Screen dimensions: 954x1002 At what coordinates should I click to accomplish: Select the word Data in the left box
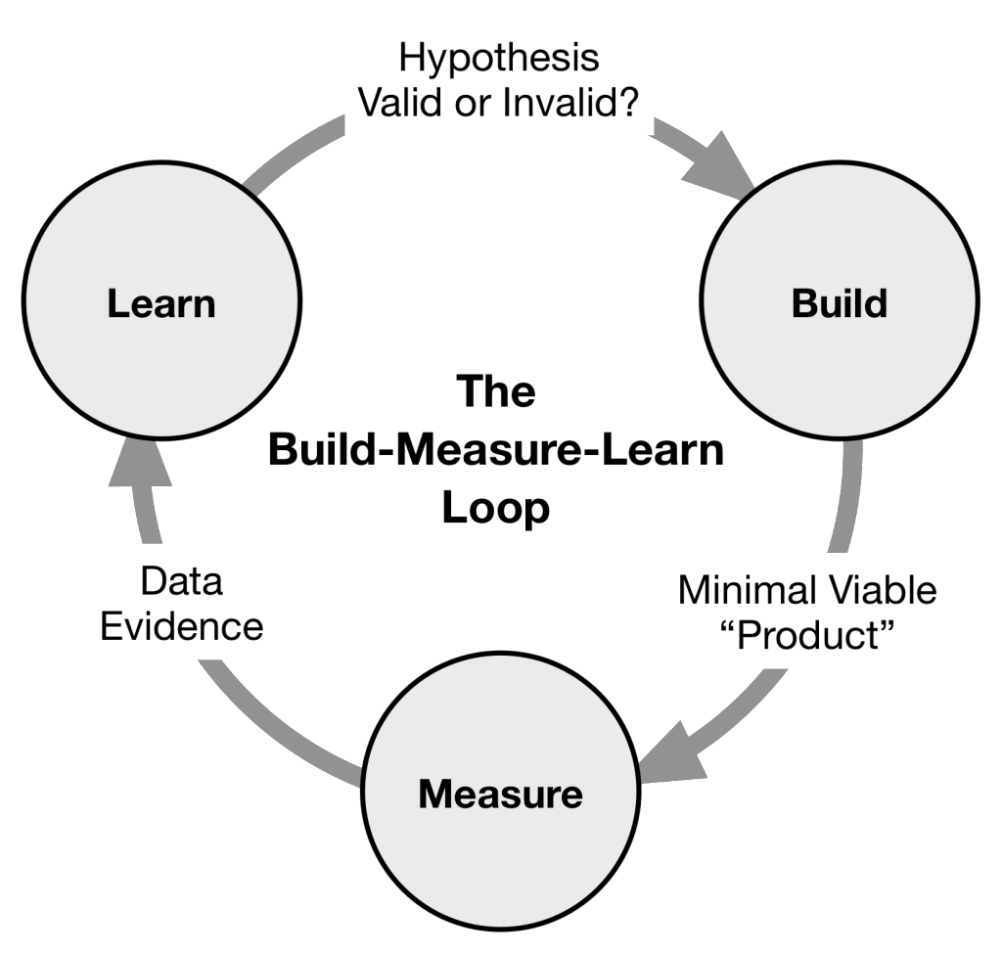click(182, 581)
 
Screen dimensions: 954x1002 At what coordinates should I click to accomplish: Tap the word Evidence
click(182, 626)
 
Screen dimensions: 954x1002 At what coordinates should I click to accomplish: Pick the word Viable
click(888, 591)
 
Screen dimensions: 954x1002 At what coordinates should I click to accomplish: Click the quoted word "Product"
click(807, 636)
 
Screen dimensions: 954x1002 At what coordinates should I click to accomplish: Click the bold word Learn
click(160, 304)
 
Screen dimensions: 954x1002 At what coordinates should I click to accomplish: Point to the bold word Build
click(839, 304)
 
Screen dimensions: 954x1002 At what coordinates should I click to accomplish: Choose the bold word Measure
click(500, 794)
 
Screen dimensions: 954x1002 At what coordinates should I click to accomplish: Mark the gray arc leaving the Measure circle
click(264, 714)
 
